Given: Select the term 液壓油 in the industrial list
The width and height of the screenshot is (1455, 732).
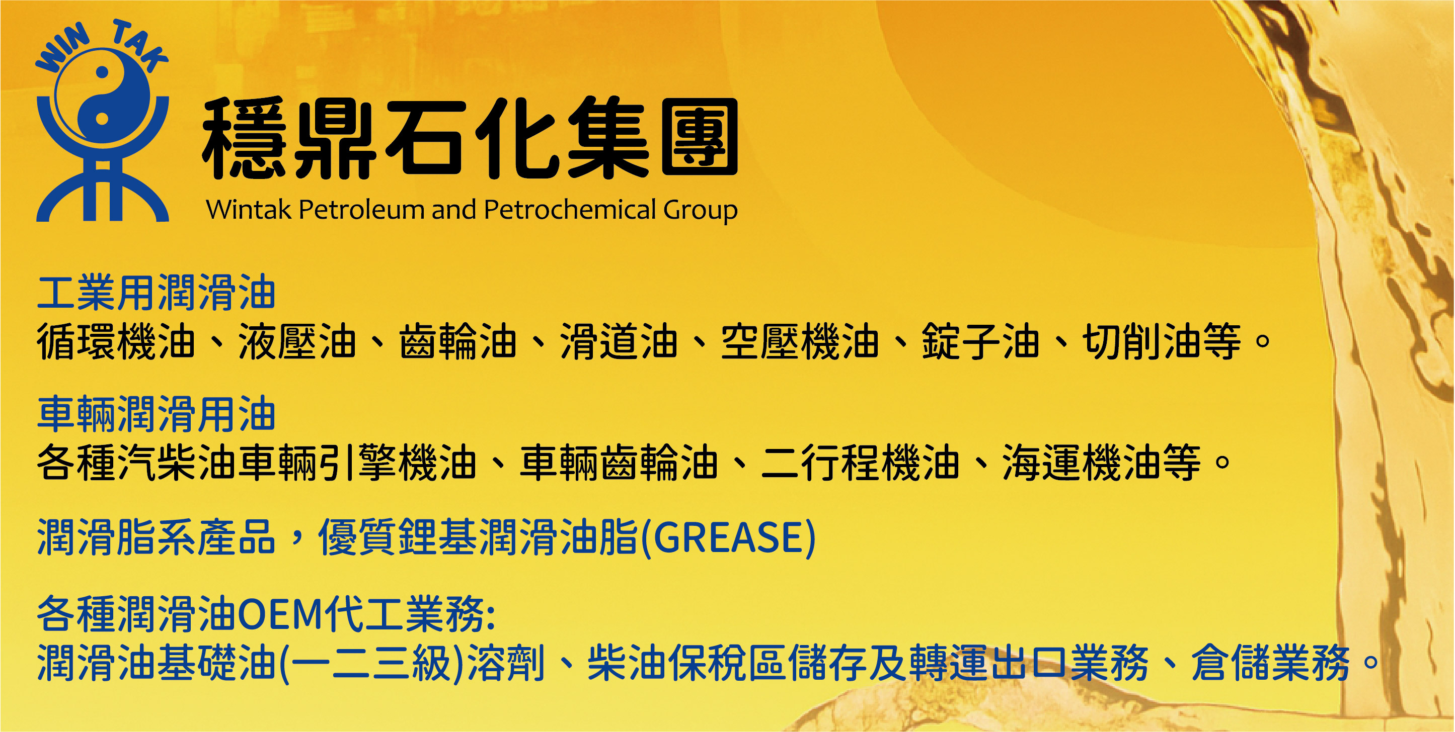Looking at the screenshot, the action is click(x=297, y=341).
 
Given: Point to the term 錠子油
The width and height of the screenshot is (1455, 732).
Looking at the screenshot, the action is click(x=980, y=341).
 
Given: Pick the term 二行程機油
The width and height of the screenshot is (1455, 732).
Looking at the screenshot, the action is click(x=860, y=463).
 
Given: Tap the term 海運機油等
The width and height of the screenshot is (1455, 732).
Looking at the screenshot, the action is click(x=1101, y=463).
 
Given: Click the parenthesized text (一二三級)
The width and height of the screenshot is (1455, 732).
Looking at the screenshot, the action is click(x=370, y=663).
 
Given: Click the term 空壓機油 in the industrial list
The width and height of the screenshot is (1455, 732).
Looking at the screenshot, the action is click(x=800, y=341).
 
